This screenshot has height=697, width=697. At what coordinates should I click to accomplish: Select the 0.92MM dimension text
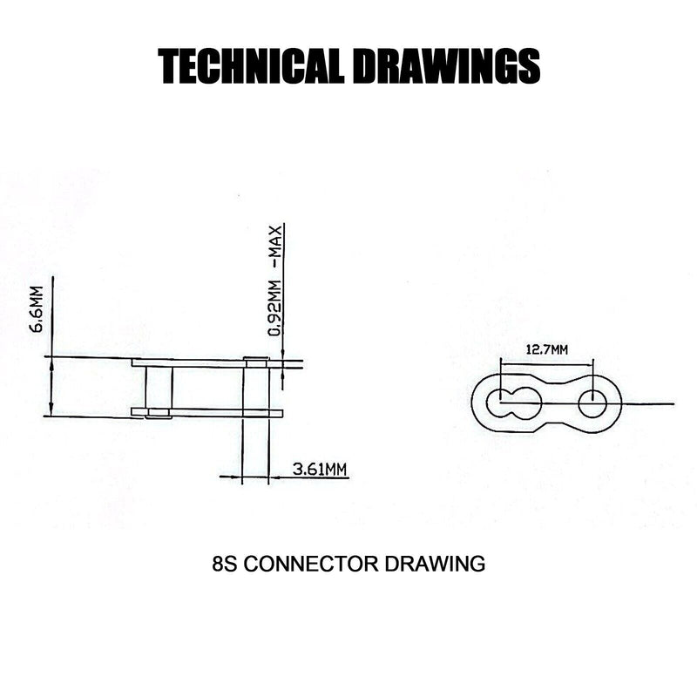click(274, 305)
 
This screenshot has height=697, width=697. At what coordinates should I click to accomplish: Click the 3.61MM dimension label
click(320, 470)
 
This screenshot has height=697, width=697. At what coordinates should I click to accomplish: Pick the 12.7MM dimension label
click(546, 349)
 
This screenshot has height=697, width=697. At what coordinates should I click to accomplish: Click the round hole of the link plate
click(592, 402)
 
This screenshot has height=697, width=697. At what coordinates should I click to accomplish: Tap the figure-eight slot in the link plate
click(513, 402)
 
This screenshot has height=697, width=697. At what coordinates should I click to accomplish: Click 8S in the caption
click(224, 564)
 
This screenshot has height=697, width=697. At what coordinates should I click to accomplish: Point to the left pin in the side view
click(159, 387)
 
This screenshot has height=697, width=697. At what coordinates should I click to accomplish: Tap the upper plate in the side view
click(200, 362)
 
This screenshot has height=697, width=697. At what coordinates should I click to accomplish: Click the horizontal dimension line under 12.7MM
click(546, 362)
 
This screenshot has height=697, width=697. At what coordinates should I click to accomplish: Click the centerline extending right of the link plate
click(649, 403)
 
